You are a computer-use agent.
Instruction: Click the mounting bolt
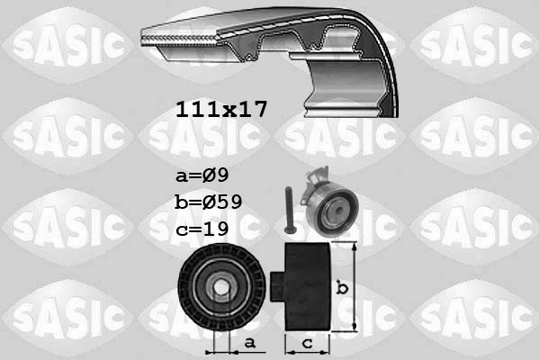click(285, 207)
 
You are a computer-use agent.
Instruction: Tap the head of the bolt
click(285, 190)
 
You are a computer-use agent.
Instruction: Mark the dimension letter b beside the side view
click(341, 287)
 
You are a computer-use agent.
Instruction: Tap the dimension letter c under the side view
click(306, 343)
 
